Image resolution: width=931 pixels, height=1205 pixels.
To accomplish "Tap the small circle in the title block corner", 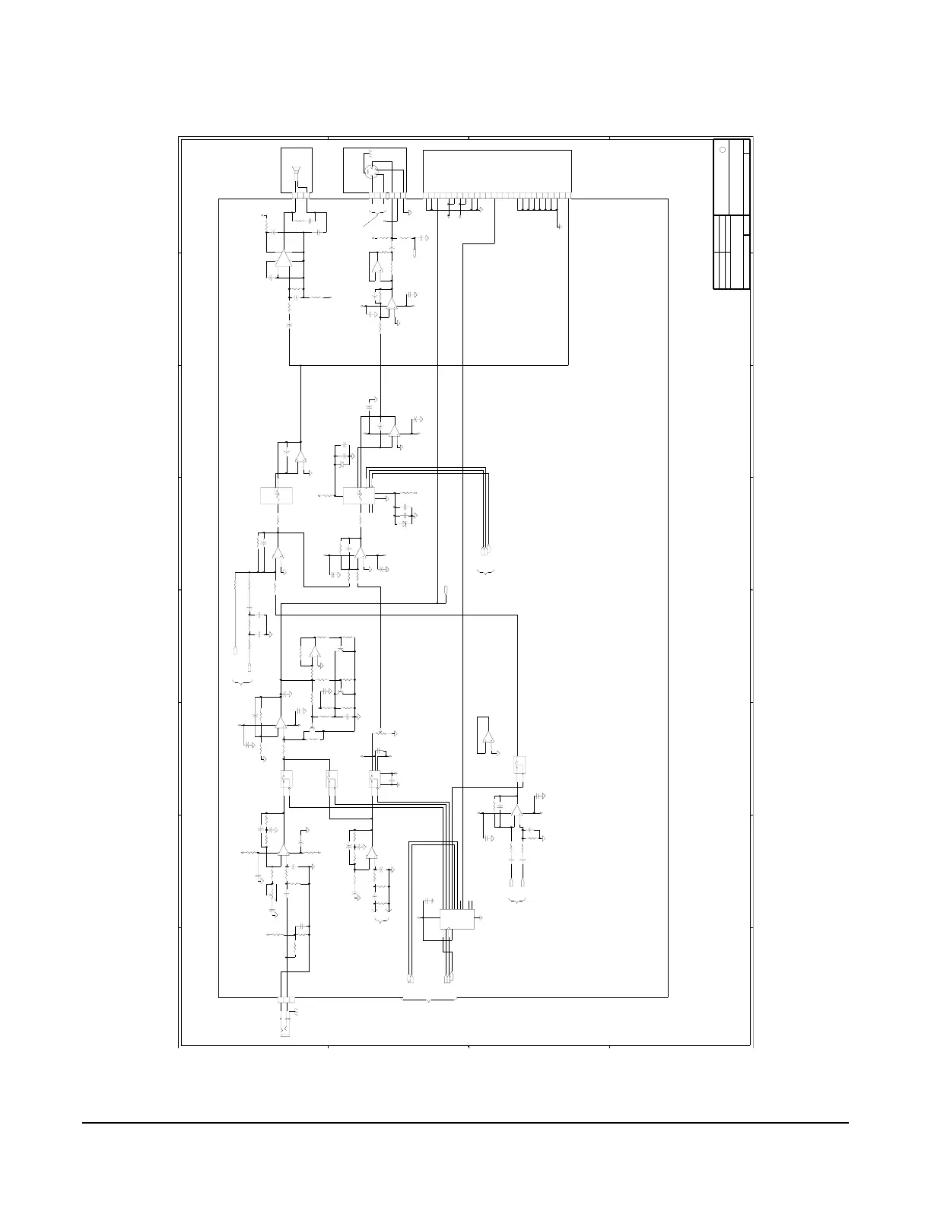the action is coord(723,149).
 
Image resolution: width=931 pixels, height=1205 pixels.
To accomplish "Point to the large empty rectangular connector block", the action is coord(497,171).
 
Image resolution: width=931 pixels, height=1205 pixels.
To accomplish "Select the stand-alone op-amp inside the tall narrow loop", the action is coord(488,737).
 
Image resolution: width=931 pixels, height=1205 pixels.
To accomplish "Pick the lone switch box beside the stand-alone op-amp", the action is coord(521,764).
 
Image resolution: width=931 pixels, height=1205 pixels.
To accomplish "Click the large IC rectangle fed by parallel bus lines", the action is coord(456,918).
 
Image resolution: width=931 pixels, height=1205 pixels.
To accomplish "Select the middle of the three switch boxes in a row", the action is coord(331,780).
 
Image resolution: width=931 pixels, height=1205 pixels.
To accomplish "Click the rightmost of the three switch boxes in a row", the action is coord(374,781).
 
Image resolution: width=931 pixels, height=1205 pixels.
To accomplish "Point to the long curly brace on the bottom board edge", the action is coord(429,1000).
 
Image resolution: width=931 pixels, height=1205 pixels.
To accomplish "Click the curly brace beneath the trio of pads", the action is coord(485,570).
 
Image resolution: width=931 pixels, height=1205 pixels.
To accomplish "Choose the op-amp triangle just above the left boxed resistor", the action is coord(300,457).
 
